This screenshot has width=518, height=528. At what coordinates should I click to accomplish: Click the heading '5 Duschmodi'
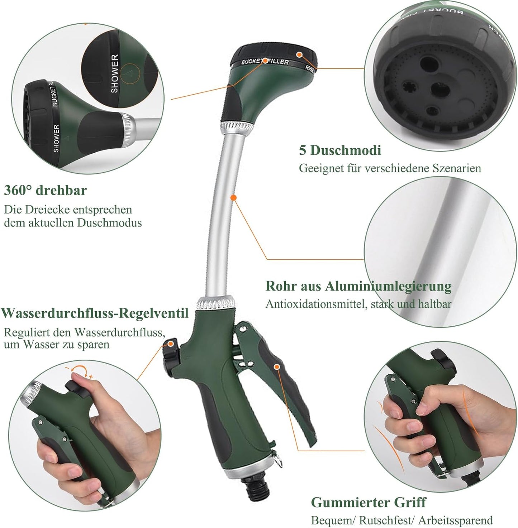point(340,150)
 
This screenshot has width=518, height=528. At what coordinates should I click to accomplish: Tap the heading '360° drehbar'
point(46,190)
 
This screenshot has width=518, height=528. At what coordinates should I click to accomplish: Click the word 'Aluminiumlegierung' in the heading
point(388,286)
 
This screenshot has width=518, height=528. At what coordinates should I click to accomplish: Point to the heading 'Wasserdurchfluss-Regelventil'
point(95,313)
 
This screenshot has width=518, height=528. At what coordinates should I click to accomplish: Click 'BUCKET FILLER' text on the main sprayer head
point(265,62)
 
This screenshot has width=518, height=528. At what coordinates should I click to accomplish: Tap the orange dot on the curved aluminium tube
point(233,197)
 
